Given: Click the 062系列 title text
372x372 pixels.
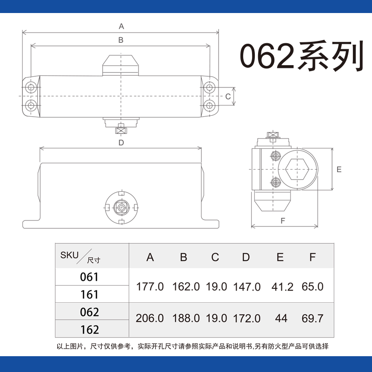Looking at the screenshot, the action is pos(302,56).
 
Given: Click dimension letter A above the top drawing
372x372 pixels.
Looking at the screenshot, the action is pos(121,26).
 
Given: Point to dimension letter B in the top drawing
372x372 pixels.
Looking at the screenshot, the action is pos(121,40).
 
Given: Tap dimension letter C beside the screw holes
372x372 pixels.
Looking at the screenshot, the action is pos(228,97).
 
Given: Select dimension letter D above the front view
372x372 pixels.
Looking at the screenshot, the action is pos(121,143).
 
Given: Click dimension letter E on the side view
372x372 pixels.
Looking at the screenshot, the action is pos(339,169).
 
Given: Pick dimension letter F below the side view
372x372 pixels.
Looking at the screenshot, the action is pos(283,220).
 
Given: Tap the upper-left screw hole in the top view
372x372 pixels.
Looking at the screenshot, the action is pos(31,87).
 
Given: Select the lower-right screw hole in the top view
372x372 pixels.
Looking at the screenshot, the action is pos(209,105).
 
